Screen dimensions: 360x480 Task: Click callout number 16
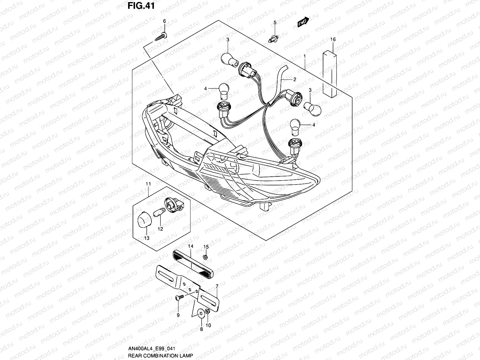click(x=333, y=40)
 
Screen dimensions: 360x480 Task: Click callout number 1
click(x=304, y=56)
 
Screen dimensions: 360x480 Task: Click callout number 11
click(x=148, y=184)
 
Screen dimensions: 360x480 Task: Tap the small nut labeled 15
click(x=205, y=257)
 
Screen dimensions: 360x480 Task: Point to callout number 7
click(x=217, y=287)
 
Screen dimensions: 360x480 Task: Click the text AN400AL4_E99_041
click(x=152, y=348)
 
